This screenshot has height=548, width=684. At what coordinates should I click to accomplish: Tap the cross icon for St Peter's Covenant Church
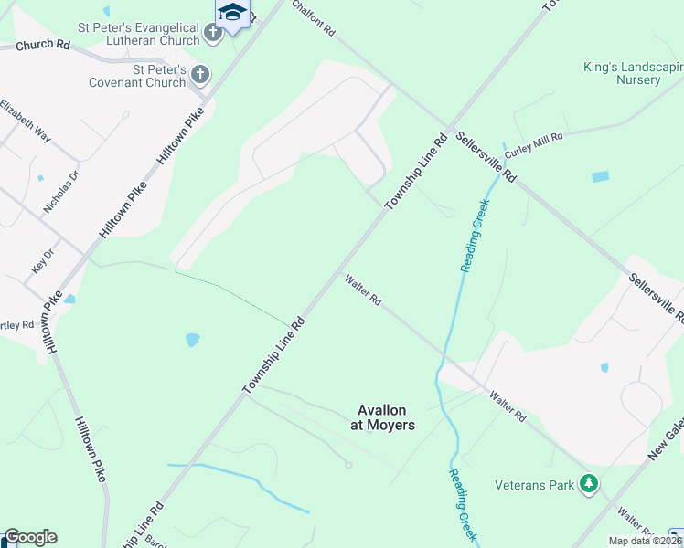pyautogui.click(x=200, y=74)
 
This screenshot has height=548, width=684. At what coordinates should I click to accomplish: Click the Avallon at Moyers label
pyautogui.click(x=383, y=417)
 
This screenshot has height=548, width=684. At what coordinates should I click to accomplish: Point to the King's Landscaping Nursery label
pyautogui.click(x=634, y=73)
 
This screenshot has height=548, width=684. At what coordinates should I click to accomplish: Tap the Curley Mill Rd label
pyautogui.click(x=535, y=142)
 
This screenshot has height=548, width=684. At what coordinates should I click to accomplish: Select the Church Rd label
pyautogui.click(x=43, y=44)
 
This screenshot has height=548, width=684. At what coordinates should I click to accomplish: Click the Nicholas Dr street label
pyautogui.click(x=60, y=191)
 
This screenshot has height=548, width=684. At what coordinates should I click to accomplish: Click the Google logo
pyautogui.click(x=29, y=537)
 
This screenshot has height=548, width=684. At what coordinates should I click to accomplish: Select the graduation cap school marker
pyautogui.click(x=232, y=13)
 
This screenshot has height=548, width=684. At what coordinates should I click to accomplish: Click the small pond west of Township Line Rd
pyautogui.click(x=192, y=340)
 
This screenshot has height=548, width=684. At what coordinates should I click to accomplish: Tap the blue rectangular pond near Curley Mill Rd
pyautogui.click(x=600, y=176)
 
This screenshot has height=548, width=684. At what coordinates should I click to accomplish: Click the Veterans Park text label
pyautogui.click(x=535, y=484)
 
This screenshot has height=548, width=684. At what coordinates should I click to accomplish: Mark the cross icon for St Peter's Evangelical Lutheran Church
pyautogui.click(x=213, y=34)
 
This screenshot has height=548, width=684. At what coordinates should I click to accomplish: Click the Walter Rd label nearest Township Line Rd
pyautogui.click(x=362, y=290)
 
